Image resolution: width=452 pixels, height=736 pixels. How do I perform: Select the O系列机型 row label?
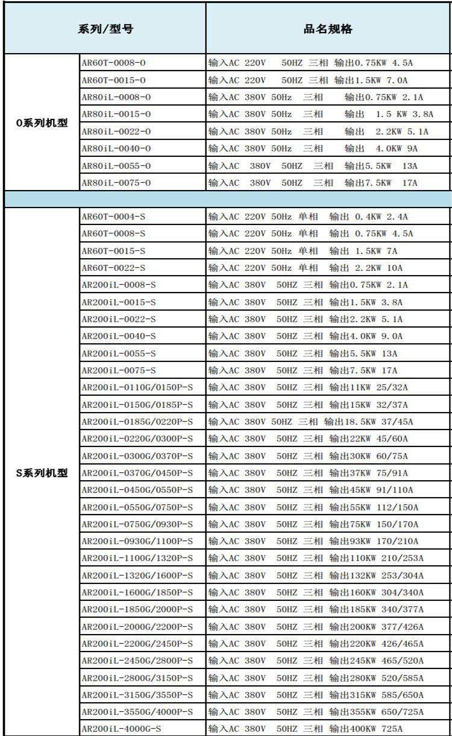tap(42, 123)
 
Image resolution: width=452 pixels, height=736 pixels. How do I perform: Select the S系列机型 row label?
tap(42, 473)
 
